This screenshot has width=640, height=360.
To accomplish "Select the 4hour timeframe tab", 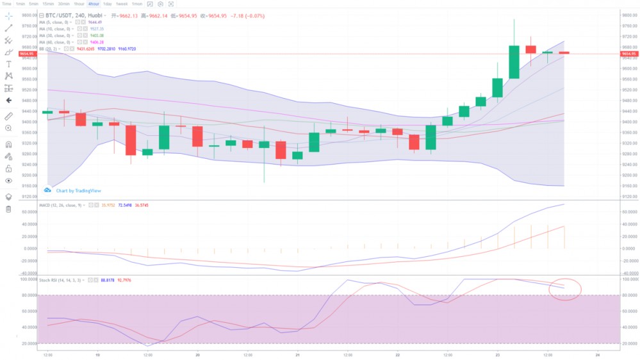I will tap(94, 4).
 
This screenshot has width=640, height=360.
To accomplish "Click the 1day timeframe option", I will tap(108, 4).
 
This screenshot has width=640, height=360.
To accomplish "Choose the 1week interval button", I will tap(122, 4).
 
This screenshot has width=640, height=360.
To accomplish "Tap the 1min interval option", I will tap(21, 4).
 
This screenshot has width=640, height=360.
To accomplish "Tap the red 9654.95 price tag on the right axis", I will tap(628, 53).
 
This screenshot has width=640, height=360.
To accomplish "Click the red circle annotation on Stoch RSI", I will tap(564, 290).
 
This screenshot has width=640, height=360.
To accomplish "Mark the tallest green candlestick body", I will tap(514, 61).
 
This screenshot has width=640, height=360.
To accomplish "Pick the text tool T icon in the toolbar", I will tap(8, 64).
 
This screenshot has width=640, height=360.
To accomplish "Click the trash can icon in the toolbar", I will tap(8, 209).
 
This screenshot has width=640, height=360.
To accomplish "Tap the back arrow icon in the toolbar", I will tap(8, 101).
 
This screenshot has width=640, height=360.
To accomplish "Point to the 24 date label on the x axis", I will tap(597, 354).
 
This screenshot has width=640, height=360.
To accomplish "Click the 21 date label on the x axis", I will tap(297, 354).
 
